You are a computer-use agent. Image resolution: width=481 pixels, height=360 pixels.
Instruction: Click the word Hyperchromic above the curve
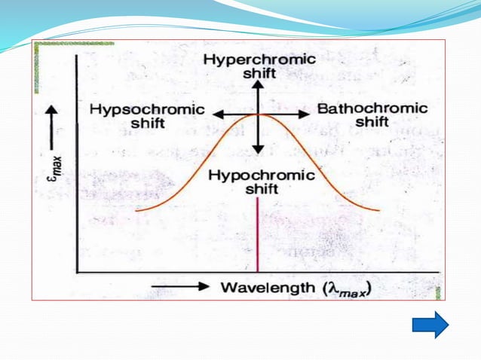pos(259,59)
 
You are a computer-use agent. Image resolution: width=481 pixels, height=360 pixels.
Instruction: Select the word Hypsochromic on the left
pos(146,109)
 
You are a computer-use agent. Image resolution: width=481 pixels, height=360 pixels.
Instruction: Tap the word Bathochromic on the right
pos(372,108)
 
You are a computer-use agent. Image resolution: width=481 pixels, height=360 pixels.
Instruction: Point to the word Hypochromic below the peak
pos(260,175)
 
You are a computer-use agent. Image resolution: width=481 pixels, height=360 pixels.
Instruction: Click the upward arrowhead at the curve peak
pos(258,84)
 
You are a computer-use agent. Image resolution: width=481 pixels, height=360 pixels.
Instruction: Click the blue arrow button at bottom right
pos(430,325)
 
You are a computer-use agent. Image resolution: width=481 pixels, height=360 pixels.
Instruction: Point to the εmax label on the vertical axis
pos(52,162)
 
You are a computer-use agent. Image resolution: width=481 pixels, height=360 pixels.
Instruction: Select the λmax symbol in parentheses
pos(342,288)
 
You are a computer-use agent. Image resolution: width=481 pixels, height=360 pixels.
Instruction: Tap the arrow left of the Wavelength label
pos(181,287)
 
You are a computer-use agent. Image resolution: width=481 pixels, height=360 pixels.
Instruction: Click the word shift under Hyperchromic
pos(259,74)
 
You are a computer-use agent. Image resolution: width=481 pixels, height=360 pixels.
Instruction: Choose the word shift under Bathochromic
pos(372,122)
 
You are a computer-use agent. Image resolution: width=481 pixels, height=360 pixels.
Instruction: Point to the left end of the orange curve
pos(137,211)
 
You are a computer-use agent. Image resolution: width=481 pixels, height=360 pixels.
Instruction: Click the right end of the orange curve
pos(378,211)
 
